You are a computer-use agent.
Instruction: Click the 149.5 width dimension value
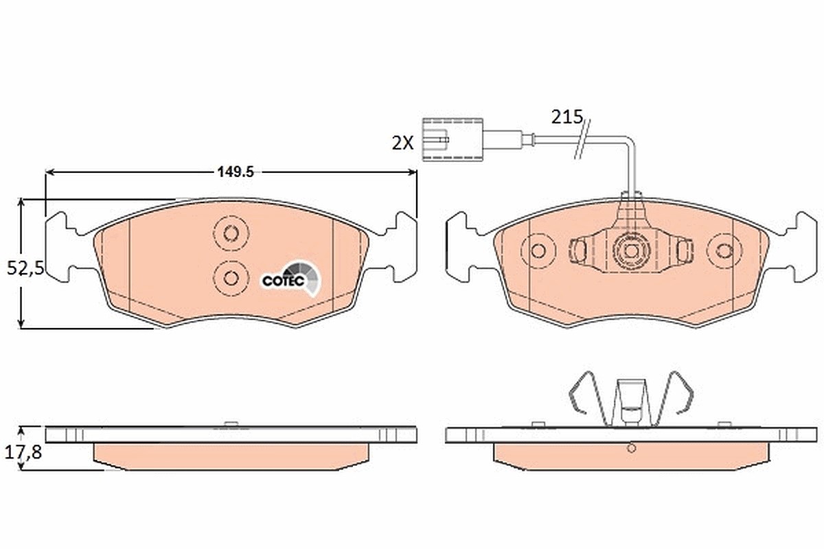coord(236,172)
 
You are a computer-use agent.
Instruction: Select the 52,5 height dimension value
coord(25,268)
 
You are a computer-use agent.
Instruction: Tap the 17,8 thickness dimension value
coord(23,452)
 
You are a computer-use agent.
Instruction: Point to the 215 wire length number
coord(567,117)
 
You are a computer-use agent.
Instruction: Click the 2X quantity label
coord(403,143)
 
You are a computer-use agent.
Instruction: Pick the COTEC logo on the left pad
coord(290,279)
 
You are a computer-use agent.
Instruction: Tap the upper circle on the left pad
coord(231,233)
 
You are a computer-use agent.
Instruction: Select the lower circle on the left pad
coord(231,279)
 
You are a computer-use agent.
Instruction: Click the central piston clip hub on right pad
coord(630,251)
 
